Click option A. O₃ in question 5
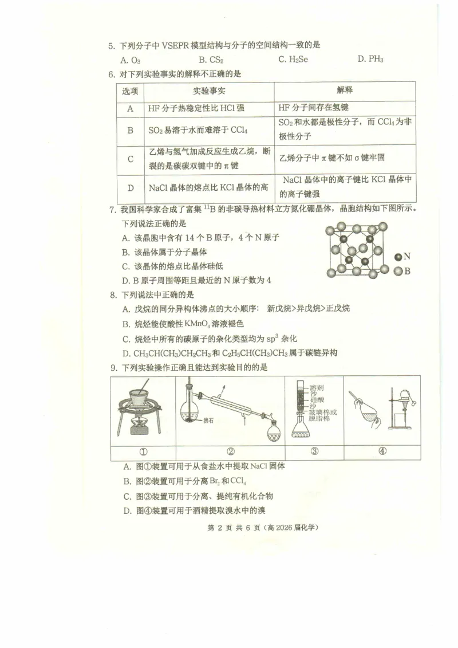pyautogui.click(x=131, y=59)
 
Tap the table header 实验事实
pyautogui.click(x=209, y=91)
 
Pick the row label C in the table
pyautogui.click(x=131, y=159)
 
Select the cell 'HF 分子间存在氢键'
pyautogui.click(x=314, y=108)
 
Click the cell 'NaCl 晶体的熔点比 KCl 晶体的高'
pyautogui.click(x=208, y=187)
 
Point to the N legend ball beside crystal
pyautogui.click(x=398, y=257)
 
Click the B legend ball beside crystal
pyautogui.click(x=398, y=272)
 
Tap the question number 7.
pyautogui.click(x=113, y=209)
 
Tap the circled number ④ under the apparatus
pyautogui.click(x=382, y=451)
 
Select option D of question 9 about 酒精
pyautogui.click(x=195, y=510)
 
